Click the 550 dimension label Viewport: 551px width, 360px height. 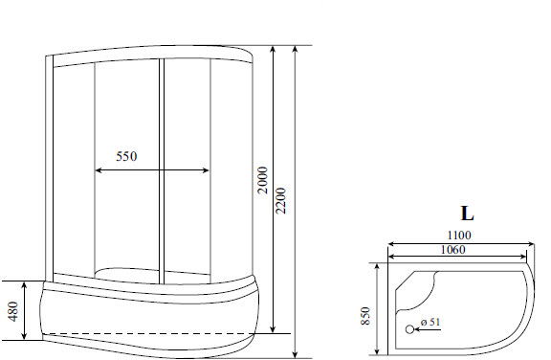tap(126, 156)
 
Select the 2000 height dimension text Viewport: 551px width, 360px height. tap(263, 180)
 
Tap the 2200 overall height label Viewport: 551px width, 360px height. tap(281, 201)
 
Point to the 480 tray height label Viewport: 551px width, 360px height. tap(13, 311)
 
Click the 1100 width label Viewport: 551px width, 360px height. tap(459, 236)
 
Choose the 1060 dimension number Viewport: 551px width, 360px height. tap(453, 250)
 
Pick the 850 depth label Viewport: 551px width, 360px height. tap(365, 316)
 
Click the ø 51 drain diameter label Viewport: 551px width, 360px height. tap(430, 322)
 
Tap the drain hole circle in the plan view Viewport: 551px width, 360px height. tap(409, 329)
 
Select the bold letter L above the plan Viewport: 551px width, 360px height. tap(467, 214)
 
